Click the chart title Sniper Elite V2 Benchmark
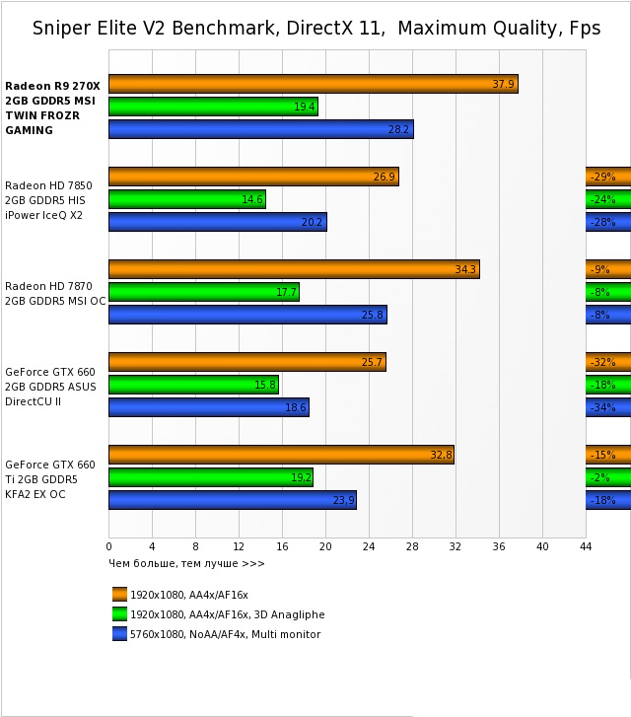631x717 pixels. pyautogui.click(x=315, y=28)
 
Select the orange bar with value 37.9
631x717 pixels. pyautogui.click(x=313, y=84)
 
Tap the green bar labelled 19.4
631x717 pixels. pyautogui.click(x=213, y=107)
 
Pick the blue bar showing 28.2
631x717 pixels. pyautogui.click(x=260, y=129)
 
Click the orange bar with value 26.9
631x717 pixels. pyautogui.click(x=253, y=177)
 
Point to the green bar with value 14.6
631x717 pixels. pyautogui.click(x=186, y=199)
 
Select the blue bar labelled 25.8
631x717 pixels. pyautogui.click(x=247, y=315)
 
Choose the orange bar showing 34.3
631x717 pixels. pyautogui.click(x=294, y=269)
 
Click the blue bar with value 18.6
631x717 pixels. pyautogui.click(x=208, y=407)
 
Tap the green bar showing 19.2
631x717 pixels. pyautogui.click(x=210, y=477)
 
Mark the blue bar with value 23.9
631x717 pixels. pyautogui.click(x=233, y=500)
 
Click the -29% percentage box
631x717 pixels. pyautogui.click(x=607, y=177)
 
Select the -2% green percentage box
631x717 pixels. pyautogui.click(x=607, y=477)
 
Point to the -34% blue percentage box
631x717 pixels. pyautogui.click(x=607, y=407)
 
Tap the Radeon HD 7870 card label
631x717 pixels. pyautogui.click(x=55, y=293)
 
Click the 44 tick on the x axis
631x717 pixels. pyautogui.click(x=586, y=545)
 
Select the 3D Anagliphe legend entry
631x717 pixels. pyautogui.click(x=219, y=614)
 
